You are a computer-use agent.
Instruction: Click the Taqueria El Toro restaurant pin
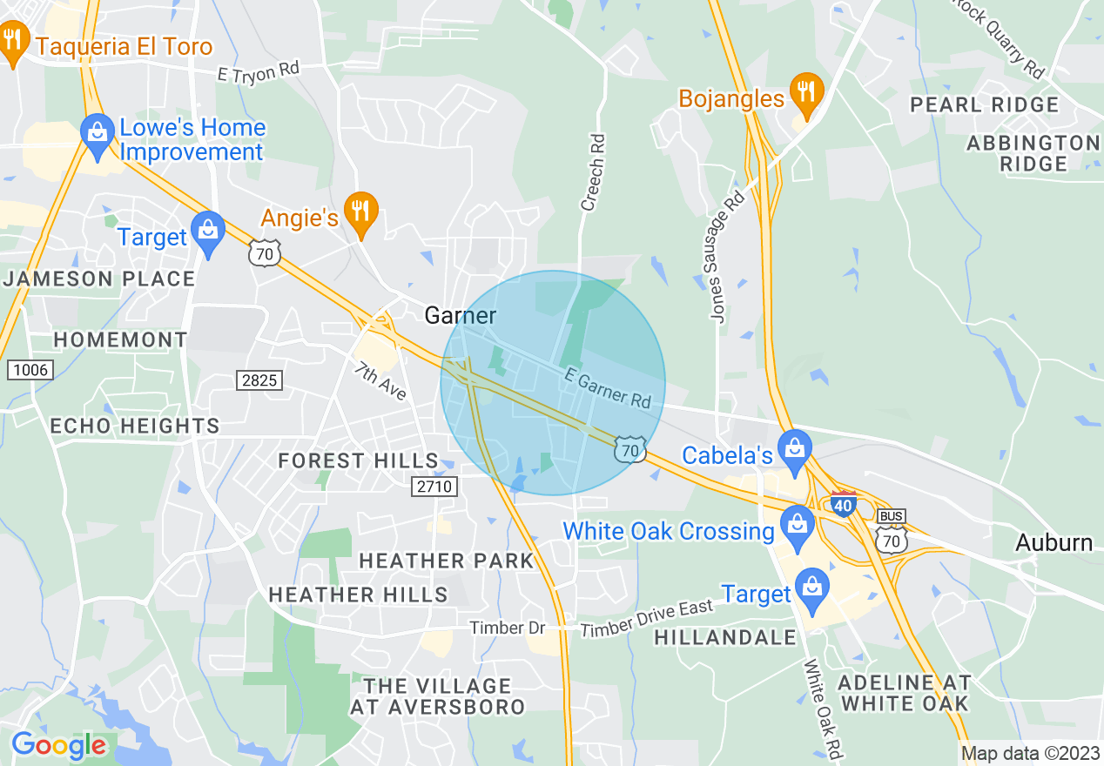[13, 43]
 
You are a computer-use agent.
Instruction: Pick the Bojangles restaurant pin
[806, 93]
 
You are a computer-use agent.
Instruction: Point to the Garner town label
[461, 315]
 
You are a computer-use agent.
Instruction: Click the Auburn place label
[1054, 542]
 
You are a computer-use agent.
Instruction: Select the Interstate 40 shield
[844, 504]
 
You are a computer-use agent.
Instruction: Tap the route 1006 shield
[30, 370]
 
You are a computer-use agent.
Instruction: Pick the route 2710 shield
[434, 486]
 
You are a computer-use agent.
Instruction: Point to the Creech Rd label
[592, 171]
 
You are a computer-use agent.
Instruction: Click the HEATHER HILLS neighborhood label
[358, 595]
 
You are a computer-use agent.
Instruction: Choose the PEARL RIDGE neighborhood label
[984, 105]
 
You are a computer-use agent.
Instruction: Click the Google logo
[58, 745]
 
